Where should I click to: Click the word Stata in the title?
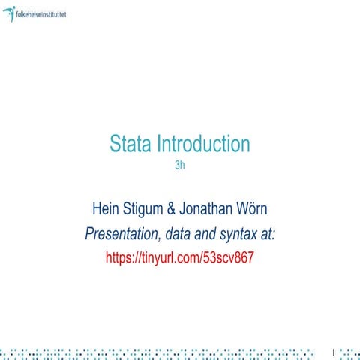(131, 143)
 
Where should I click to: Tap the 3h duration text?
(179, 165)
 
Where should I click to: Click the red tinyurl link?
(180, 256)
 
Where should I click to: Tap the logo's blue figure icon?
(8, 13)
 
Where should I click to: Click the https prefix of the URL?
(119, 256)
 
